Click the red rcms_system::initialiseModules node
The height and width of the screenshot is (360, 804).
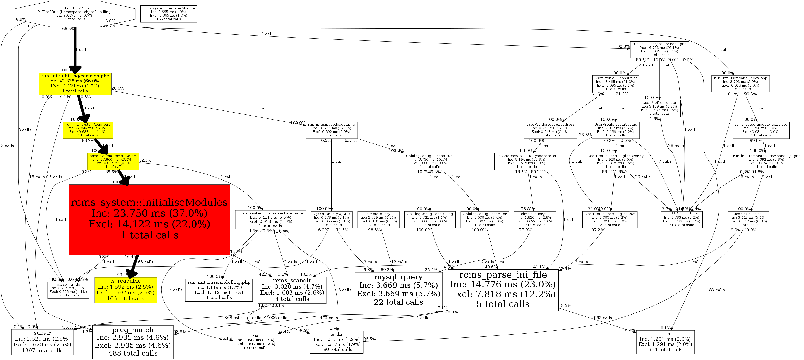pos(149,220)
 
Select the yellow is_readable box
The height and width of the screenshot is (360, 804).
pos(126,290)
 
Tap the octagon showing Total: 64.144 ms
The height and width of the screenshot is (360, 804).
pos(75,14)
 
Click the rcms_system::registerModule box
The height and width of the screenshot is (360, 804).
pos(168,14)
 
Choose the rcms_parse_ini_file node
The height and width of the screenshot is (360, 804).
pos(503,290)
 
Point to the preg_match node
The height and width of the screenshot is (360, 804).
pos(133,342)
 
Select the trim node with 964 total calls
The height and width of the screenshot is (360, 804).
pos(665,342)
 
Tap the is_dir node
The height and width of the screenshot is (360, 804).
pos(337,342)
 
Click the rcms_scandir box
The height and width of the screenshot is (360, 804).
pos(292,290)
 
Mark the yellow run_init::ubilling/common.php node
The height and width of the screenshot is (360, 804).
pos(75,84)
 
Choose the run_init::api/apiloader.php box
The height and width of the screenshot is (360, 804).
pos(331,130)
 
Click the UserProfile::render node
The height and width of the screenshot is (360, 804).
pos(659,108)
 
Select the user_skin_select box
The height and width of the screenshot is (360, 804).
pos(748,220)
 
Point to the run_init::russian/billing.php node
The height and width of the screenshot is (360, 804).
pos(219,290)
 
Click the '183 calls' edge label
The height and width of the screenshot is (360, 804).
pos(716,290)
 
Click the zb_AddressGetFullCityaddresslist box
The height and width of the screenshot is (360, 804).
pos(526,161)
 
